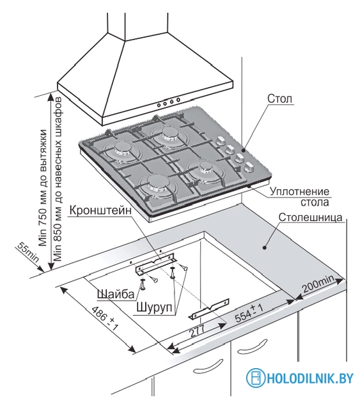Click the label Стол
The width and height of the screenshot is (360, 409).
tap(279, 99)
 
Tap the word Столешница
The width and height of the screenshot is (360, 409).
tap(310, 217)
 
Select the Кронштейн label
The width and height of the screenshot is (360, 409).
tap(100, 210)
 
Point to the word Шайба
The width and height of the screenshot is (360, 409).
tap(116, 294)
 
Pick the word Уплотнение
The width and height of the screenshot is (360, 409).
tap(299, 192)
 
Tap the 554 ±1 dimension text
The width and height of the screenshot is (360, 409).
tap(249, 313)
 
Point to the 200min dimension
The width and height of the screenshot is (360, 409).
tap(318, 284)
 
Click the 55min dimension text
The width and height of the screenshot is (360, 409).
tap(28, 252)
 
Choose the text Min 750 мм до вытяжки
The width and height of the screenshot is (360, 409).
tap(43, 188)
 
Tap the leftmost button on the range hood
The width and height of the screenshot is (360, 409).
tap(159, 105)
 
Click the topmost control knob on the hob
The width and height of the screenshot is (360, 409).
tap(221, 141)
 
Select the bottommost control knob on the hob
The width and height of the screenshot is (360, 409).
tap(248, 167)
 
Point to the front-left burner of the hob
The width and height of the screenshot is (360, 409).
tap(156, 183)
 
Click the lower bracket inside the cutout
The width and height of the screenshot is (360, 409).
tap(208, 309)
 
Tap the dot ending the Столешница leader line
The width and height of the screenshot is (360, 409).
tap(264, 247)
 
